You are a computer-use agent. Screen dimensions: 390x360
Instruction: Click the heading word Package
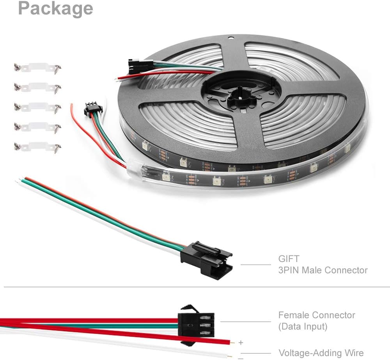[x=55, y=9]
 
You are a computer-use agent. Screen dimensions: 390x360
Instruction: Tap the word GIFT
[x=289, y=258]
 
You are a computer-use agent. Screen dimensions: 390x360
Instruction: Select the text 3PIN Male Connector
[x=323, y=270]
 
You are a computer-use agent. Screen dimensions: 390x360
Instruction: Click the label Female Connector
[x=317, y=315]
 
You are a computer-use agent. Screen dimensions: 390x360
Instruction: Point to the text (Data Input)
[x=303, y=326]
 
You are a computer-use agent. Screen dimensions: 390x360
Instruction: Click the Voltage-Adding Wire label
[x=321, y=353]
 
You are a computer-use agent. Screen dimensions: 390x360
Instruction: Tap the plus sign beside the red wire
[x=241, y=343]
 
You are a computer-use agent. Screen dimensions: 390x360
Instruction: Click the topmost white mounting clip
[x=37, y=68]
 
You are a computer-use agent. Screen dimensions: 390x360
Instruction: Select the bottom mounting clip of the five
[x=37, y=147]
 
